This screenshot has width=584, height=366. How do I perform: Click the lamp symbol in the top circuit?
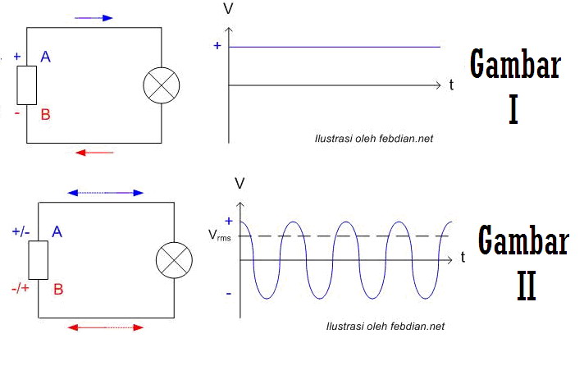click(x=161, y=85)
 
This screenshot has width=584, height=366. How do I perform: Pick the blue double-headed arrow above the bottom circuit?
click(x=106, y=193)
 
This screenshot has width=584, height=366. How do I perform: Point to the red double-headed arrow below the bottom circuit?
click(x=106, y=327)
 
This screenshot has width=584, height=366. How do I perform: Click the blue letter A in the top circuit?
click(x=46, y=57)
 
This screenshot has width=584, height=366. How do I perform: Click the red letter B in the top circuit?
click(x=46, y=115)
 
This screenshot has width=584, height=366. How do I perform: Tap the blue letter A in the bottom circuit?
click(x=57, y=232)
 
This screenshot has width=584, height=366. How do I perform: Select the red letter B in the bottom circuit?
click(x=58, y=289)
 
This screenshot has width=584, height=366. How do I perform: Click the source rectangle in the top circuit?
click(x=27, y=85)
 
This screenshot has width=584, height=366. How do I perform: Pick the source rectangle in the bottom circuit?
click(x=39, y=260)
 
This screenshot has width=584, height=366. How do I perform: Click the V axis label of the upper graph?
click(x=228, y=10)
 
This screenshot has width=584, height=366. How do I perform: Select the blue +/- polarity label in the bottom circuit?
click(x=21, y=232)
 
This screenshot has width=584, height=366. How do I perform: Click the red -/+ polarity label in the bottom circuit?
click(x=21, y=288)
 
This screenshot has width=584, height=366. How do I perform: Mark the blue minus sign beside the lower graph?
click(x=228, y=292)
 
